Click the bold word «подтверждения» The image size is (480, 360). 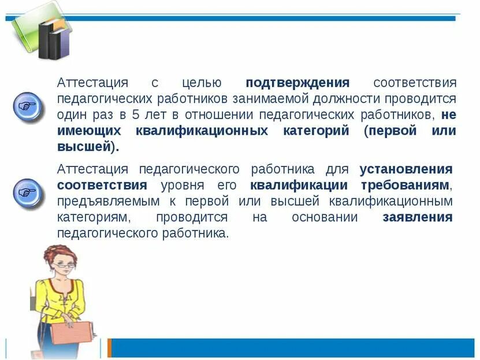(297, 83)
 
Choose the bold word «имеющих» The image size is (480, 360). (88, 131)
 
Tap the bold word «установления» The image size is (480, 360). (406, 169)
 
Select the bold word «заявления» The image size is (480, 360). (418, 218)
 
